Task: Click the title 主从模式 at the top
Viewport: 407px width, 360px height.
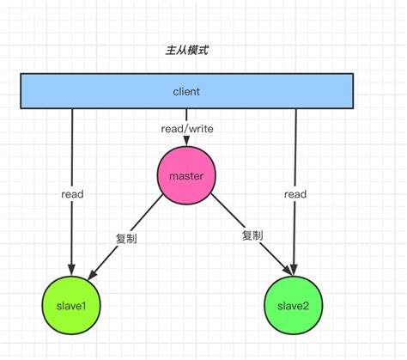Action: (x=185, y=51)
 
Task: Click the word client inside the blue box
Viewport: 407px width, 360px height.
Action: (x=185, y=91)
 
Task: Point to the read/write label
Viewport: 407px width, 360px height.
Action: (x=186, y=129)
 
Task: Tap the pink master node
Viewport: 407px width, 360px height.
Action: (x=186, y=176)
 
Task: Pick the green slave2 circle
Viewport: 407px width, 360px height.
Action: (x=295, y=305)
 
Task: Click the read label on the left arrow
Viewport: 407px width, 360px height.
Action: (x=72, y=194)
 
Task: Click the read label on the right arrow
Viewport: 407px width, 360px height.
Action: (x=295, y=194)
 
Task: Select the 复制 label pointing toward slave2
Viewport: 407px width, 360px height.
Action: (x=252, y=235)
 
